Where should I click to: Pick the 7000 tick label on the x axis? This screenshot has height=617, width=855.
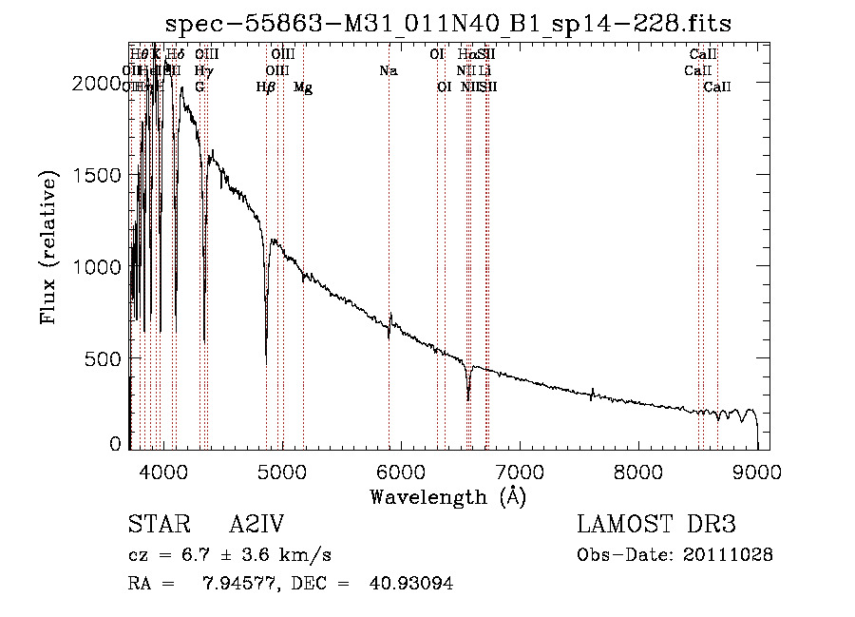click(519, 471)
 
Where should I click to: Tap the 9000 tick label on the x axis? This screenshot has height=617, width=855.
click(757, 471)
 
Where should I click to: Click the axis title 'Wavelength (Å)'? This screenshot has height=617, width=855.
click(447, 496)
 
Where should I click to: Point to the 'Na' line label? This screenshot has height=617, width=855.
click(388, 70)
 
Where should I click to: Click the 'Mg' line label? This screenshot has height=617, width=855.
click(303, 87)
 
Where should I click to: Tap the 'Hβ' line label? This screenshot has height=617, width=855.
click(266, 87)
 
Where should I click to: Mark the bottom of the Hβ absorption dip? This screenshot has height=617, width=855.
click(266, 354)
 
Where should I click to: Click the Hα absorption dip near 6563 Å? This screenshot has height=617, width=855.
click(468, 398)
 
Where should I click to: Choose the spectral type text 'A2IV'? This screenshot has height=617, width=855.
click(256, 525)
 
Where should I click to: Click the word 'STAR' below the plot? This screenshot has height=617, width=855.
click(158, 525)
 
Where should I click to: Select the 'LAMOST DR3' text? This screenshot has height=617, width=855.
click(656, 525)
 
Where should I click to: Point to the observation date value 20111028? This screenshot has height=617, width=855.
click(730, 554)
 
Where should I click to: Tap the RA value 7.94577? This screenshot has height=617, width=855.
click(235, 583)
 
